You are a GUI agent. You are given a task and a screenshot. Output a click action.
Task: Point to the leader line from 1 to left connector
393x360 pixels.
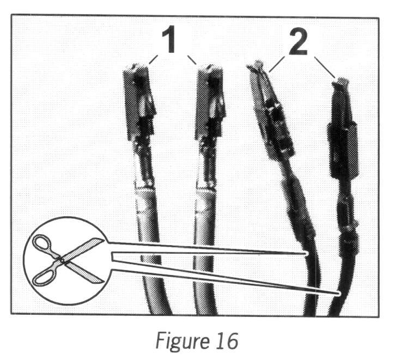(x=151, y=59)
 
